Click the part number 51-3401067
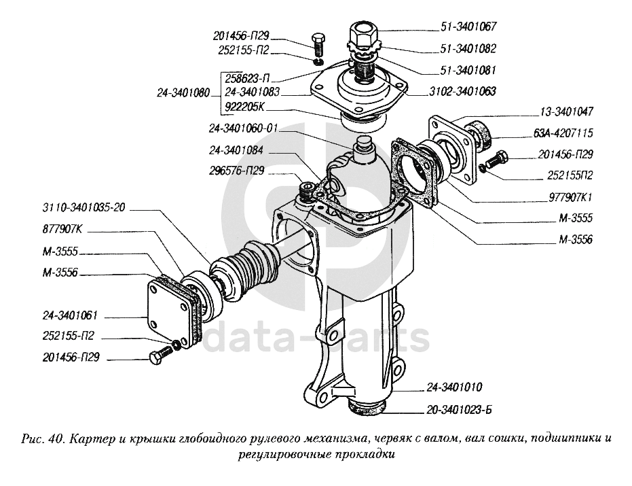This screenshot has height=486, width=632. point(468,27)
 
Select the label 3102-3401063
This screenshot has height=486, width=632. point(462,91)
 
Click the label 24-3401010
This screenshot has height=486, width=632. point(454,387)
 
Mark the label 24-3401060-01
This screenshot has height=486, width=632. point(244,128)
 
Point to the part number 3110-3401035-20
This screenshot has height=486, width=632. point(84,207)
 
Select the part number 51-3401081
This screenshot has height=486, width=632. point(468,70)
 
